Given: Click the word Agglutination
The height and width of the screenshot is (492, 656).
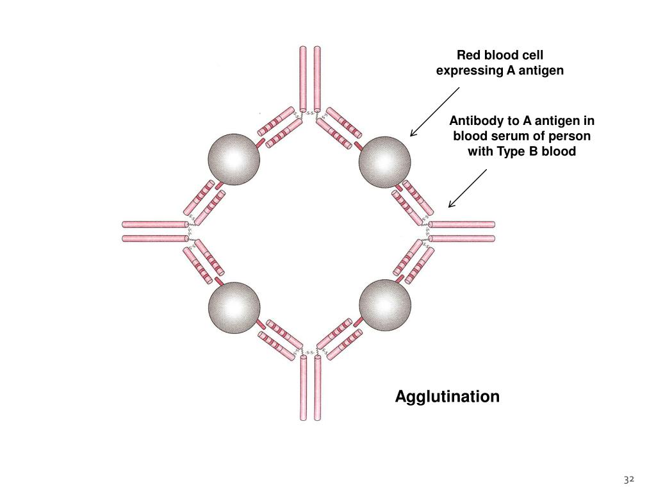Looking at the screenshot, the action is tap(447, 397).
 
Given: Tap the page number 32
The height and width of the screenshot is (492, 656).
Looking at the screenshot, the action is tap(629, 479).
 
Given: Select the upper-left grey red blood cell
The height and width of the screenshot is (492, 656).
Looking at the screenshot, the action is tap(234, 160).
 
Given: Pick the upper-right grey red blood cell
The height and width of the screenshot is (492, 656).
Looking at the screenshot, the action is tap(385, 162).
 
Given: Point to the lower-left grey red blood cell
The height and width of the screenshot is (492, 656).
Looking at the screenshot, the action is tap(234, 307).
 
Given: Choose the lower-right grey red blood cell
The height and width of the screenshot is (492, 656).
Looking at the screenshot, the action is tap(385, 305).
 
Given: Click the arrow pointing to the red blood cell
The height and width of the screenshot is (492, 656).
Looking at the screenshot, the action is tap(435, 111).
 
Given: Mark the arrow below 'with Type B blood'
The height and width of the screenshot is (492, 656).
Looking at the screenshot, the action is tap(468, 188).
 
